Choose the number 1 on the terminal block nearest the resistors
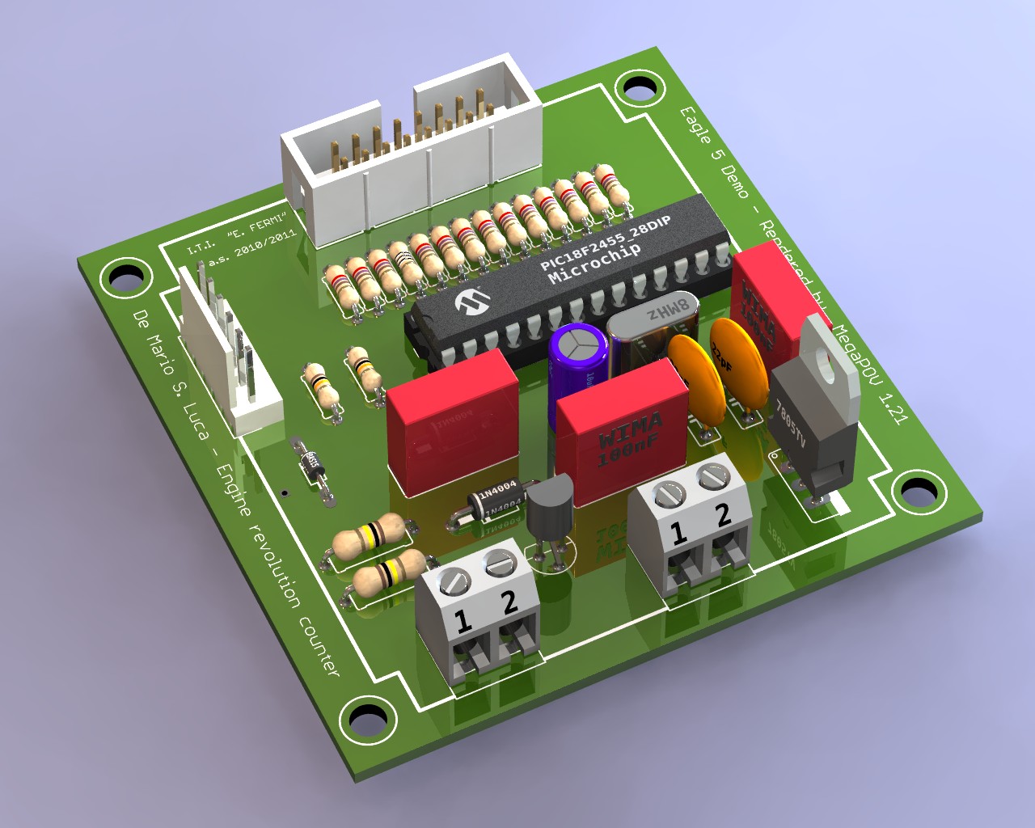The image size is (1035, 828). (x=463, y=621)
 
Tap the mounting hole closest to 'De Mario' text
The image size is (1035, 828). (x=126, y=277)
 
